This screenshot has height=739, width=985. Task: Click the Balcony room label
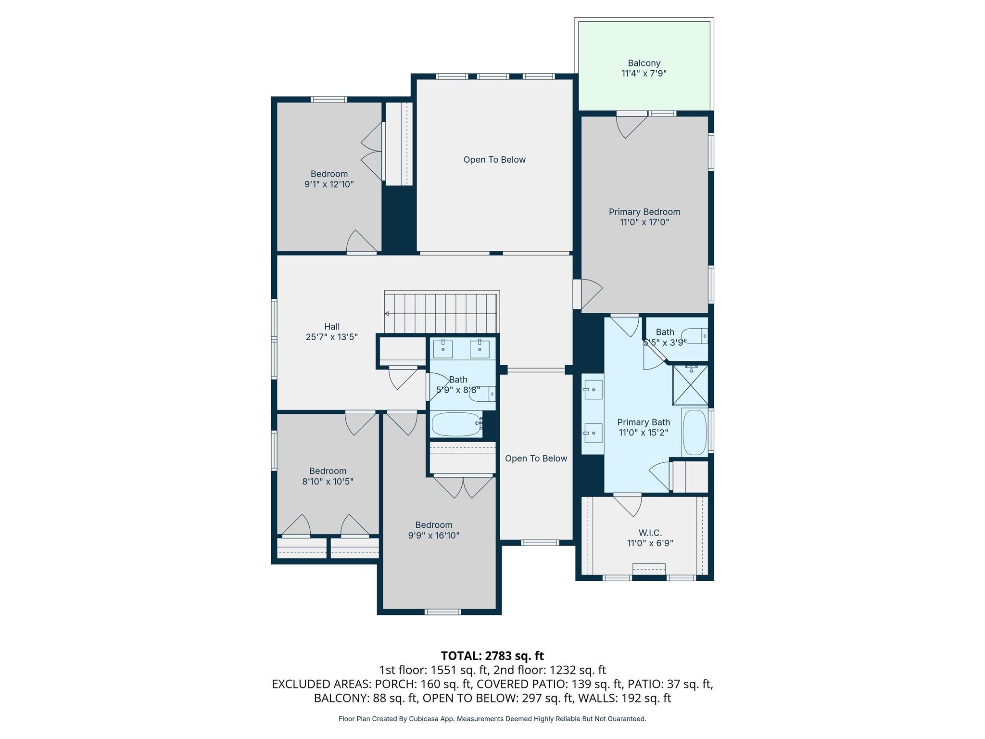tap(644, 63)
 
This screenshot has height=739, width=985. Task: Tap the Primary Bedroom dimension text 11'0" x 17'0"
tap(644, 222)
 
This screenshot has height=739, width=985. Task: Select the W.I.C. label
tap(650, 533)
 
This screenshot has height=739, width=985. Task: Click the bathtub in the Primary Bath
tap(694, 432)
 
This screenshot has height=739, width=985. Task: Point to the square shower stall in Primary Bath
tap(690, 385)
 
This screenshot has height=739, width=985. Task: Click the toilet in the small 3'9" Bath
tap(695, 336)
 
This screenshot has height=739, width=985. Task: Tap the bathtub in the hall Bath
tap(456, 424)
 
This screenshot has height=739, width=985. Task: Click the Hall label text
tap(332, 327)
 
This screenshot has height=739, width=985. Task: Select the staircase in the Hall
tap(441, 313)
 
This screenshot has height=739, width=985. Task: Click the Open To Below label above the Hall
tap(494, 160)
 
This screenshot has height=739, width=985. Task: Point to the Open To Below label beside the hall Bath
tap(536, 459)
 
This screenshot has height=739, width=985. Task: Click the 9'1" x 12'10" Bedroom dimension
tap(329, 184)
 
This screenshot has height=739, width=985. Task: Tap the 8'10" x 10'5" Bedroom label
tap(328, 471)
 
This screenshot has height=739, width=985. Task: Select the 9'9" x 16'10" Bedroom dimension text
tap(433, 535)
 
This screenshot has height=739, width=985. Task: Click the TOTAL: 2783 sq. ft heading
tap(492, 655)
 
